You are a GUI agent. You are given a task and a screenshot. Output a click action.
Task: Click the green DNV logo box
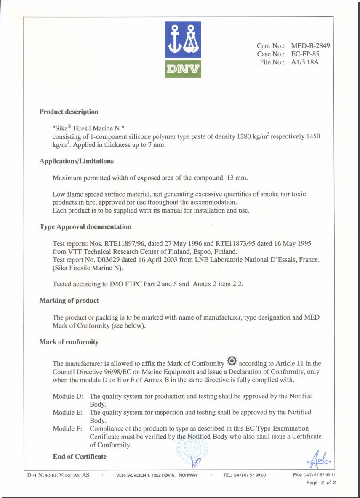pos(183,69)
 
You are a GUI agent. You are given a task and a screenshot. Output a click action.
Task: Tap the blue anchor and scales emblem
pos(183,40)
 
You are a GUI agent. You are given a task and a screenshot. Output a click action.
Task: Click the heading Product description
pos(69,112)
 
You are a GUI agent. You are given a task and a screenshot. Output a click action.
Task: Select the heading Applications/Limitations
pos(76,161)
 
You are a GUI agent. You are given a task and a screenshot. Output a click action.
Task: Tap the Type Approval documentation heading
pos(85,227)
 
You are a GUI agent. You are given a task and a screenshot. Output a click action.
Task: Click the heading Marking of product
pos(69,301)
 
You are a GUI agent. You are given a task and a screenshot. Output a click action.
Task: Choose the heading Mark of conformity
pos(69,342)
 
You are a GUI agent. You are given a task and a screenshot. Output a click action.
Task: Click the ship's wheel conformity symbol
pos(232,362)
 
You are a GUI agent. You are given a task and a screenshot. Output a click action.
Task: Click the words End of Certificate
pos(80,457)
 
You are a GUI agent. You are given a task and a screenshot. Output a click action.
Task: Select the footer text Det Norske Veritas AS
pos(58,475)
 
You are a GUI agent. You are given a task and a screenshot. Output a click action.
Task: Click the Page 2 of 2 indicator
pos(321,483)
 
